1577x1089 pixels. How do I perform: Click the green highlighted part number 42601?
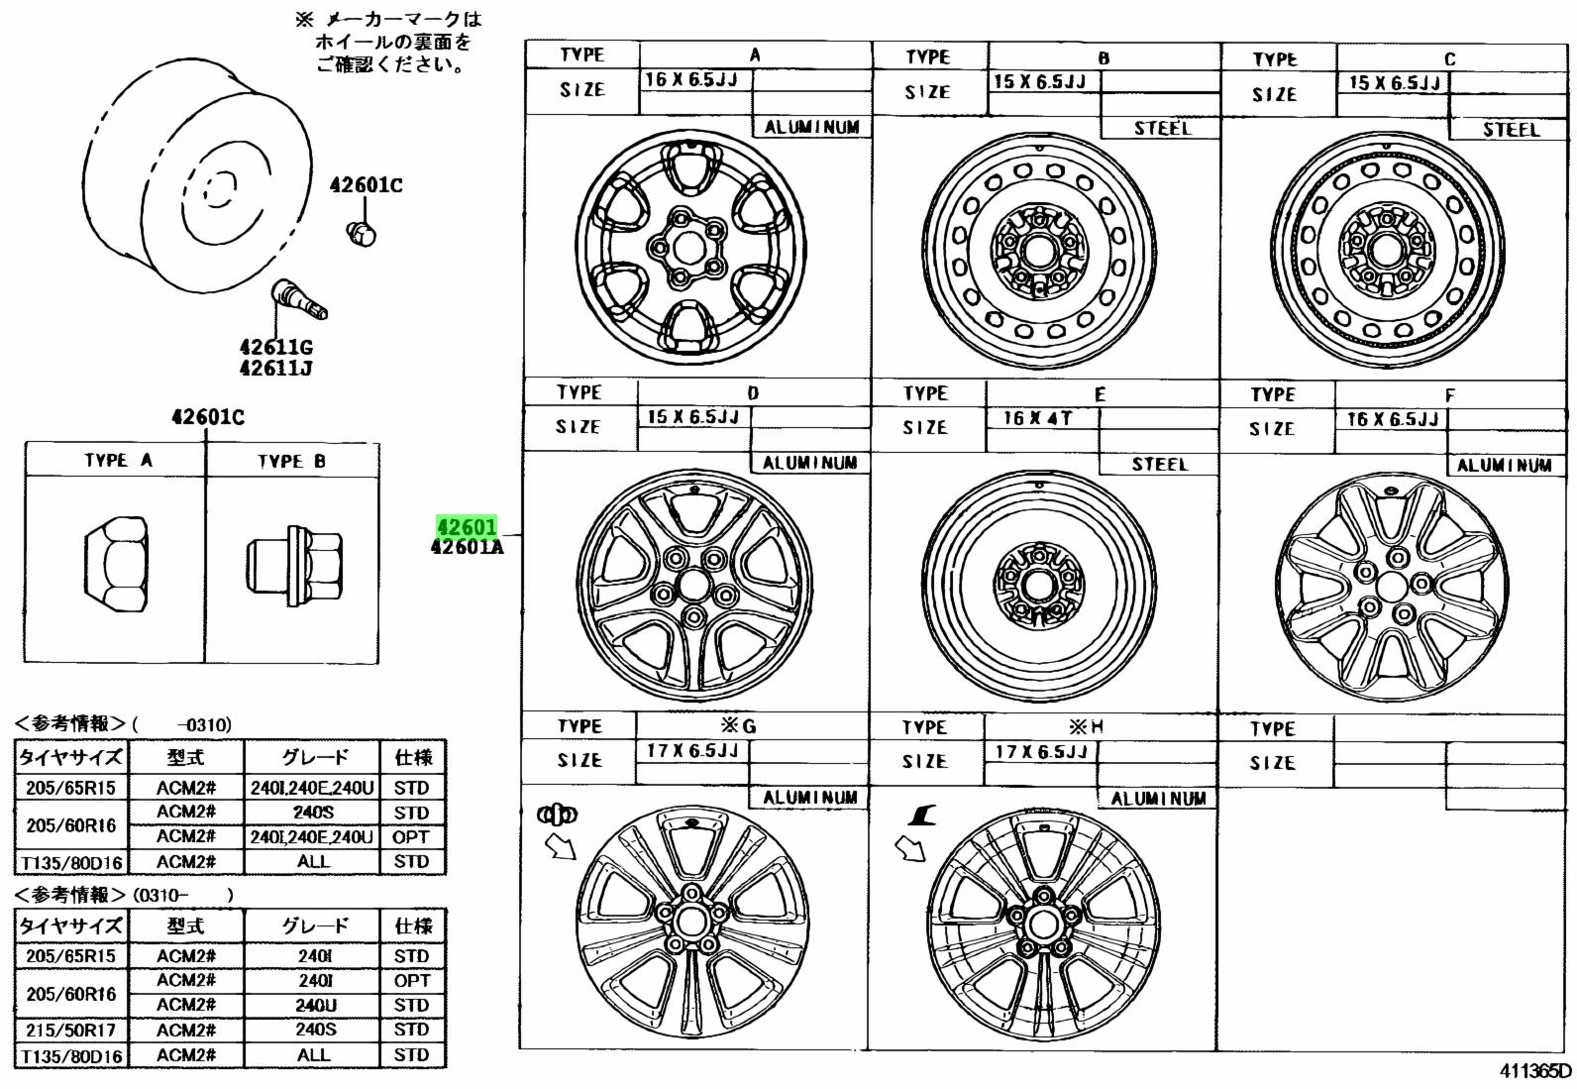pos(467,525)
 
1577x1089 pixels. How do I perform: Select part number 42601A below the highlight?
pos(468,547)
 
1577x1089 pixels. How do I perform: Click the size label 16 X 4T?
pos(1037,418)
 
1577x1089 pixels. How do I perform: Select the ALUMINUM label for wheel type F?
pos(1504,465)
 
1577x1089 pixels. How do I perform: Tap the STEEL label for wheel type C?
pos(1511,130)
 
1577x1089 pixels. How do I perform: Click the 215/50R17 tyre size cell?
pos(71,1030)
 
